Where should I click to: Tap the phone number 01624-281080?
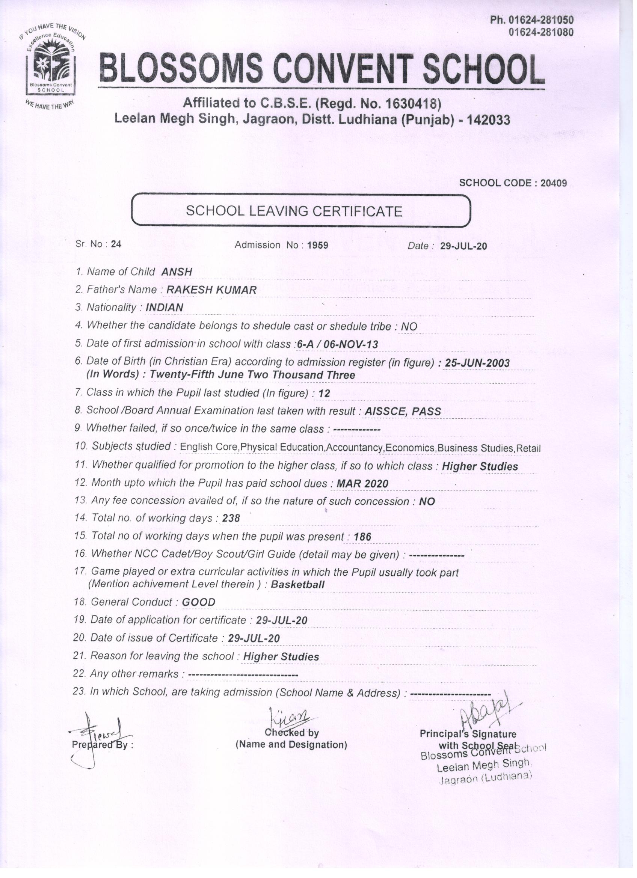point(541,33)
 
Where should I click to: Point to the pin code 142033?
point(489,120)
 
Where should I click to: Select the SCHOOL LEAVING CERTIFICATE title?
point(294,211)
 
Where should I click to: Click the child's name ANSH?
point(177,272)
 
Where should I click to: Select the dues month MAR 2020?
point(362,484)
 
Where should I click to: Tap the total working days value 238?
point(231,518)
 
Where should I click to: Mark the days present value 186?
point(362,537)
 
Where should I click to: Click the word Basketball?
point(297,585)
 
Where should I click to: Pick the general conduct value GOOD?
point(199,602)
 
